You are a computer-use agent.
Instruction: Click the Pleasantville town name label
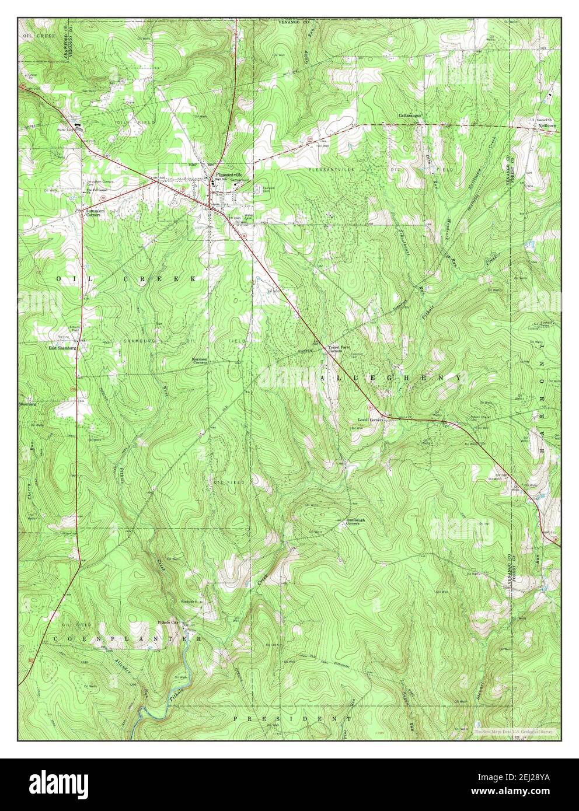coord(228,174)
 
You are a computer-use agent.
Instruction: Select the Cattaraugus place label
coord(410,115)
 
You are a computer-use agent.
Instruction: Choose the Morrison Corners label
coord(200,361)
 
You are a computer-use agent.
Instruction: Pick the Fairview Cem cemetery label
coord(268,190)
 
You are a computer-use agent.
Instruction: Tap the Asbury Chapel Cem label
coord(481,418)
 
